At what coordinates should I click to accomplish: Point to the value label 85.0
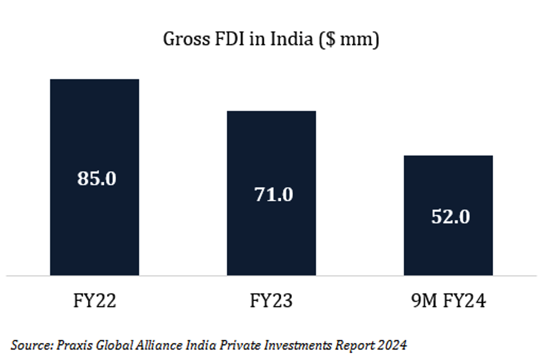point(97,179)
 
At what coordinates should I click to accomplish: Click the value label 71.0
point(274,194)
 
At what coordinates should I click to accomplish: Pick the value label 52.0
point(450,217)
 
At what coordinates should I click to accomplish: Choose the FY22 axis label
point(95,301)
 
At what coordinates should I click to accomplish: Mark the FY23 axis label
point(271,301)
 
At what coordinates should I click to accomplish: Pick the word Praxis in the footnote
point(72,344)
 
